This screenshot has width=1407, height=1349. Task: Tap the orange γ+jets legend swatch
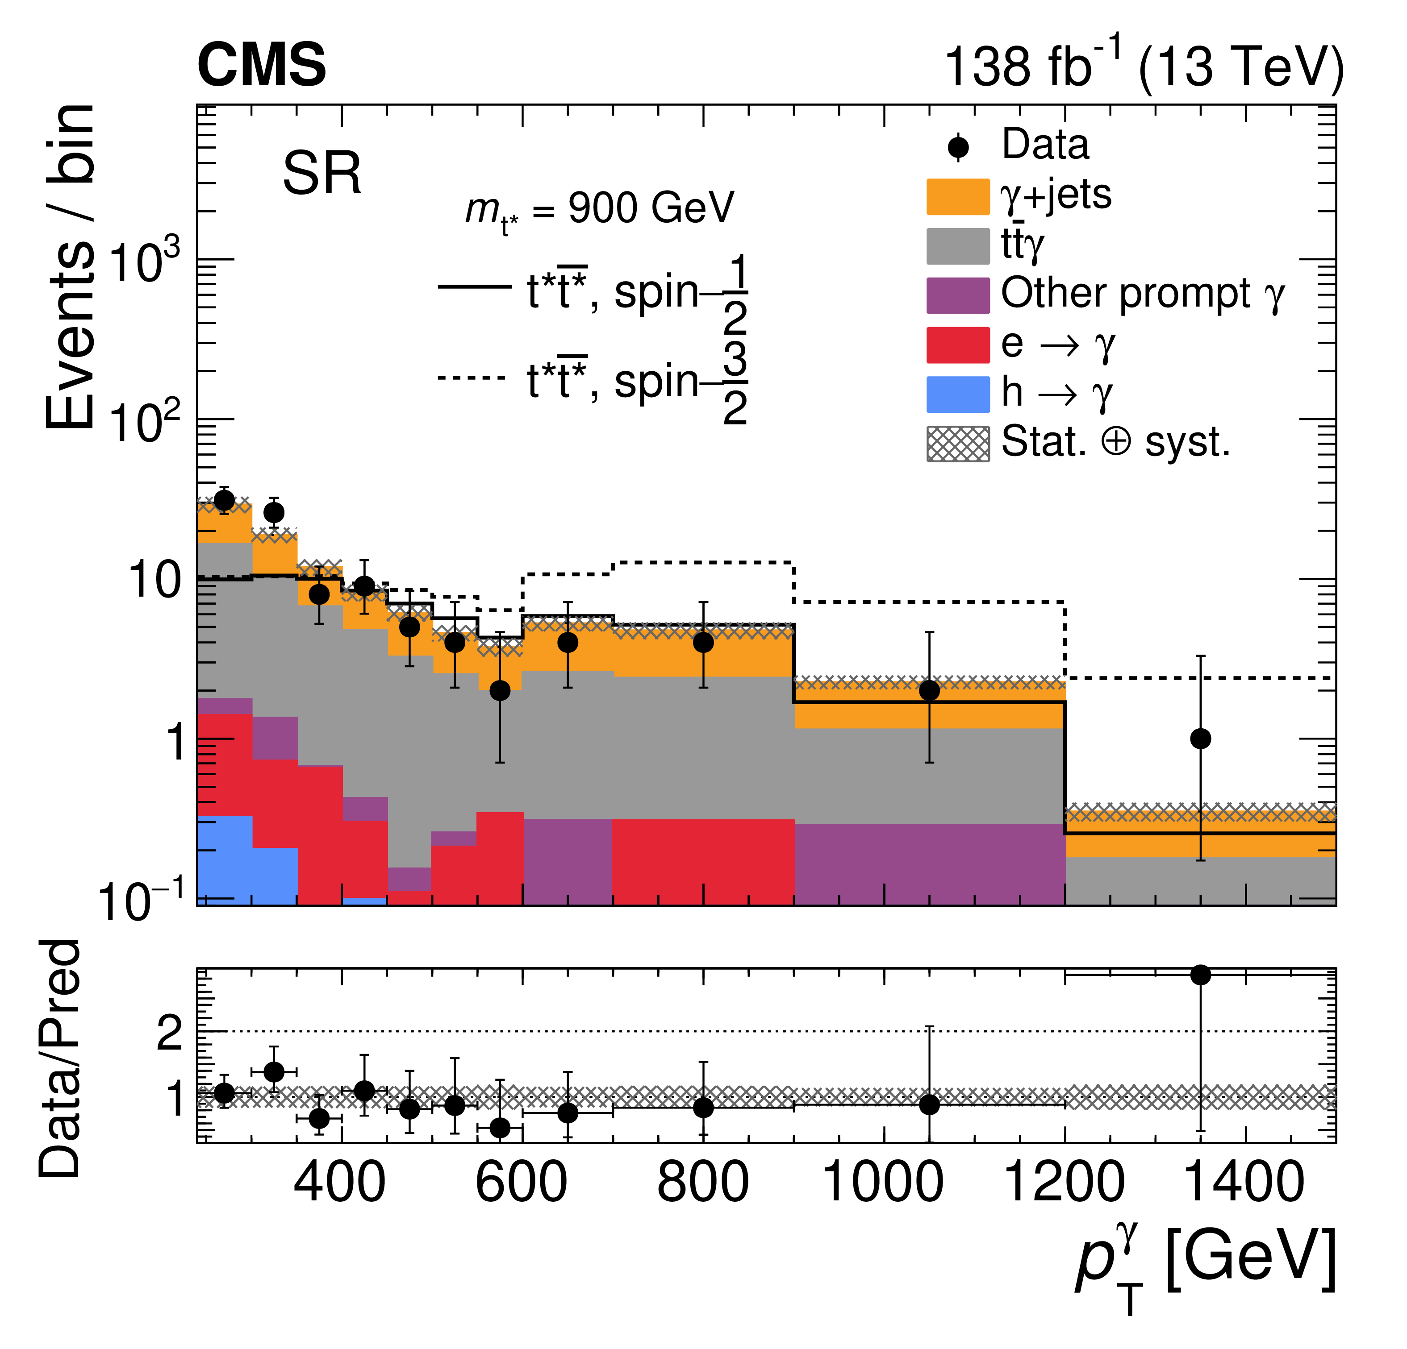958,197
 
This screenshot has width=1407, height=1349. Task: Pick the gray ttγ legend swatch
958,247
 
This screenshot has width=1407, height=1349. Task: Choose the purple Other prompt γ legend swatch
958,295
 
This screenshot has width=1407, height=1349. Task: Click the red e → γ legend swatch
958,345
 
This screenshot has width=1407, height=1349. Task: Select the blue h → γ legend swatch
958,394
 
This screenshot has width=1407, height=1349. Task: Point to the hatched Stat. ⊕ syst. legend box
958,444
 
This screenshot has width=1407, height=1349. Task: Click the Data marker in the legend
958,148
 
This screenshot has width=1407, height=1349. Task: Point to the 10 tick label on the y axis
154,580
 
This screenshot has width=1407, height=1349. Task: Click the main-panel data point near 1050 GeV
929,690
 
